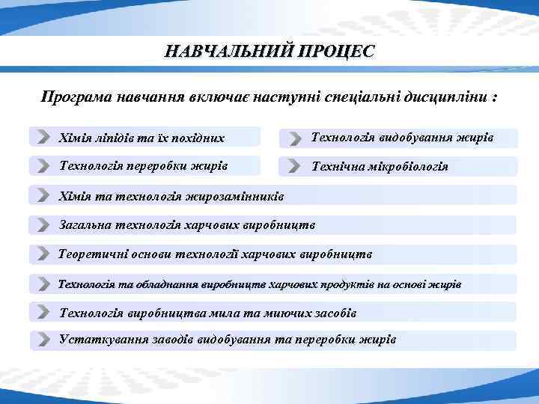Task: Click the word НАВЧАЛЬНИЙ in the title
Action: [x=228, y=52]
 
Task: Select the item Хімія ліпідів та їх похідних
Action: [x=141, y=138]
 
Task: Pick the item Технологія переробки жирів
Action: [x=143, y=165]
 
